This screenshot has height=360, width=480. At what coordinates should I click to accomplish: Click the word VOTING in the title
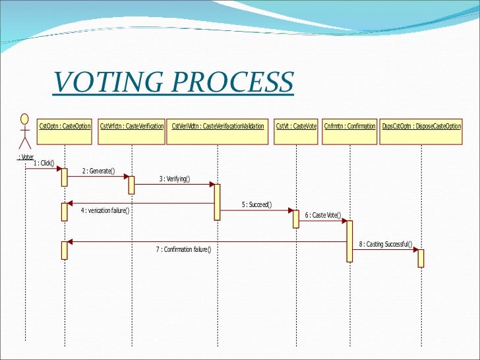point(105,83)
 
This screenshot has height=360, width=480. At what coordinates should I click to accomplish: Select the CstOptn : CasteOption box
point(65,126)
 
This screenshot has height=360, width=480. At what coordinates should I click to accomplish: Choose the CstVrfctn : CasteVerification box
point(132,126)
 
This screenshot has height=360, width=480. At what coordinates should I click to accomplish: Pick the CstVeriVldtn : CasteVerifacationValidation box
point(218,126)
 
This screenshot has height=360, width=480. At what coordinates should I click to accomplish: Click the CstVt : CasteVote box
point(296,126)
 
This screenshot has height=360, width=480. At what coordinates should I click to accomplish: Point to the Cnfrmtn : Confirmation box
point(349,126)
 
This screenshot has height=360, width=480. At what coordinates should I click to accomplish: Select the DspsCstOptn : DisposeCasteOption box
point(421,126)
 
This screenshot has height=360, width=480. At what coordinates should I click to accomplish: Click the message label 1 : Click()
point(44,164)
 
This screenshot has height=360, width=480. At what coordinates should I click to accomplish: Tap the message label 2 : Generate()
point(98,171)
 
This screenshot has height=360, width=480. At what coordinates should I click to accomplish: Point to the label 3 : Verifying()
point(174,179)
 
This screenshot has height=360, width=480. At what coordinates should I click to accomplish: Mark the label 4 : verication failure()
point(105,211)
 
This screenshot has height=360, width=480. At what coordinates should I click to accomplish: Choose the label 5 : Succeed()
point(256,205)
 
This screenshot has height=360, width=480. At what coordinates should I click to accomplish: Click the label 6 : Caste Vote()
point(323,215)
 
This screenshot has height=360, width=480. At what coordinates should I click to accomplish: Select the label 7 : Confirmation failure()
point(183,249)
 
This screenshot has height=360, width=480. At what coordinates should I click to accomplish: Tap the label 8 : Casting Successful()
point(386,245)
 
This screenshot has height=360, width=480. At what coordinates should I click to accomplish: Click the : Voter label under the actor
point(25,157)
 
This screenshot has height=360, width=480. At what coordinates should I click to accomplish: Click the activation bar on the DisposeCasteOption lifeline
point(421,258)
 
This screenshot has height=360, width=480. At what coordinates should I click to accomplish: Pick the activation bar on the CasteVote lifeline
point(296,219)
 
